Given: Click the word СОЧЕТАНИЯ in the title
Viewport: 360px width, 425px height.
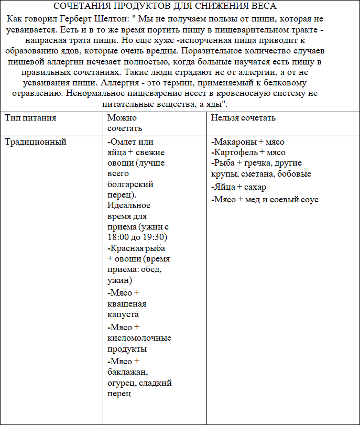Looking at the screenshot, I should tap(88, 6).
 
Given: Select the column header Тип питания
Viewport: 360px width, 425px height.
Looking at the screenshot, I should tap(30, 118).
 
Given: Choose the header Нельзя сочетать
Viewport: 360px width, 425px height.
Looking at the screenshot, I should tap(243, 118).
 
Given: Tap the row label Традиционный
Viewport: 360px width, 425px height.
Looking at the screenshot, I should tap(36, 142).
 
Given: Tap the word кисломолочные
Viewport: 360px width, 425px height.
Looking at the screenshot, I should tap(139, 338).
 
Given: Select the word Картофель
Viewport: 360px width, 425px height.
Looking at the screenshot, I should tap(236, 152).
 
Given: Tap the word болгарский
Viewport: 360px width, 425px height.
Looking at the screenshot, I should tap(130, 184).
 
